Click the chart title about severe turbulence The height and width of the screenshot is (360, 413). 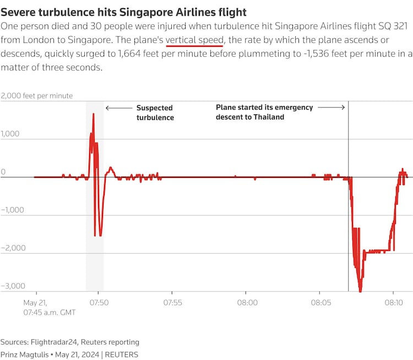[x=124, y=12]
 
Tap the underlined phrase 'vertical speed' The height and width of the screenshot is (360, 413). [x=194, y=40]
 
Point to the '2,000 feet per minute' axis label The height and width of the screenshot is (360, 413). [x=37, y=96]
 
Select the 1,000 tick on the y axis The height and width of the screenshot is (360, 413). [x=10, y=134]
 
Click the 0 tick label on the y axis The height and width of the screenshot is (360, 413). [x=3, y=172]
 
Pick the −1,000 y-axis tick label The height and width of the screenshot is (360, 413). [x=12, y=210]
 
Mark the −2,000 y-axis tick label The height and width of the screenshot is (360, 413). [x=12, y=248]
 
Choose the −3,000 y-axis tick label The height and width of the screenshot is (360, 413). [x=12, y=286]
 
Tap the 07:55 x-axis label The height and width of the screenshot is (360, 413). [x=173, y=302]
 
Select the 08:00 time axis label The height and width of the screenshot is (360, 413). [x=247, y=302]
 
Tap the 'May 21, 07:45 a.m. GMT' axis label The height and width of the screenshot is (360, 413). [x=50, y=307]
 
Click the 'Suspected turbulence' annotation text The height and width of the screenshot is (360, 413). [x=155, y=113]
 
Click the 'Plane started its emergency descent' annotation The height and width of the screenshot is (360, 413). [x=264, y=112]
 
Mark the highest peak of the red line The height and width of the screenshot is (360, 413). [x=93, y=114]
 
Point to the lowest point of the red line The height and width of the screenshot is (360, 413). [x=360, y=291]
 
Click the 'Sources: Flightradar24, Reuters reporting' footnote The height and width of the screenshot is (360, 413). [x=70, y=342]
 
